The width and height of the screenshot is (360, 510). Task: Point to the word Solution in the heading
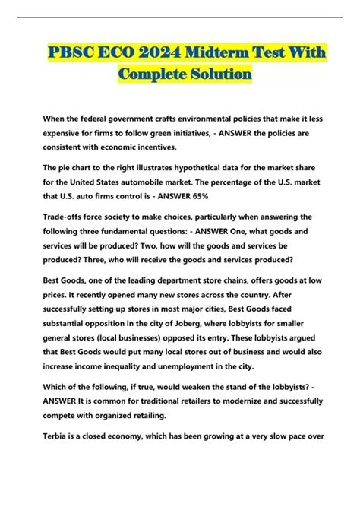pos(216,75)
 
